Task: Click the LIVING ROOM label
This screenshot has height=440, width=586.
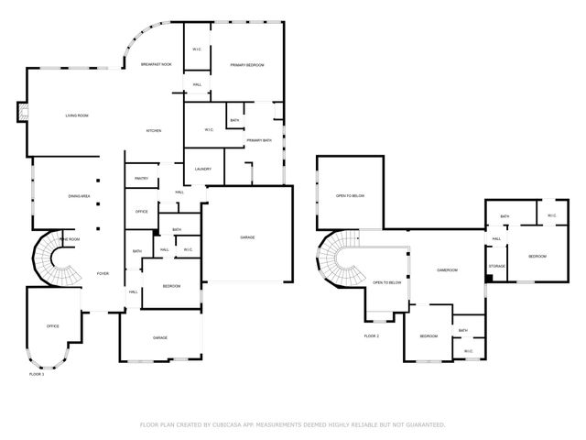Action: [76, 115]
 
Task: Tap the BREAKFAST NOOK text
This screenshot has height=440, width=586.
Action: [156, 64]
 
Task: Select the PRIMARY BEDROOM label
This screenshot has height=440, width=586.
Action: [247, 65]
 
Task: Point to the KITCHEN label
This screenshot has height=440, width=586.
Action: [154, 131]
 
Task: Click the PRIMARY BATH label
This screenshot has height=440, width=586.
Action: [259, 140]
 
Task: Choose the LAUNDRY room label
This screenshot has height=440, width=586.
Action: [202, 170]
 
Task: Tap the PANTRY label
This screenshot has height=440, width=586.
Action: [141, 178]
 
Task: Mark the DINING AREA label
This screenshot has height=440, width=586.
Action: [79, 196]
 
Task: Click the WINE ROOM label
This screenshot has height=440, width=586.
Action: [70, 239]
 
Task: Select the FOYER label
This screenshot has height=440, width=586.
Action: [103, 273]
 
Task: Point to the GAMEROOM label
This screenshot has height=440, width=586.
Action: [447, 270]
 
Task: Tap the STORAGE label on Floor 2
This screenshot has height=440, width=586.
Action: [497, 266]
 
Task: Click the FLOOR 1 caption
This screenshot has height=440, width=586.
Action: [37, 374]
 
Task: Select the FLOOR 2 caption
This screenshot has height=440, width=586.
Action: [371, 336]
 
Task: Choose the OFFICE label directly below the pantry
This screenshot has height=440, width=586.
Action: [141, 212]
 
